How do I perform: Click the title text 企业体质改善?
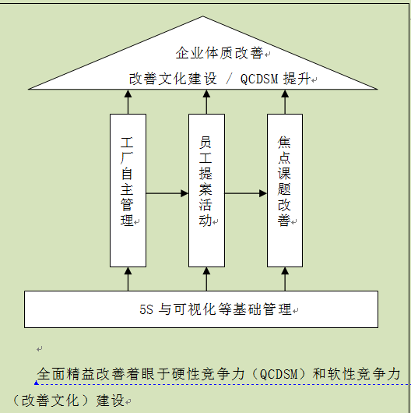coord(220,53)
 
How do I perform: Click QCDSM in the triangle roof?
coord(259,79)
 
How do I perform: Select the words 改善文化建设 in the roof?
coord(173,79)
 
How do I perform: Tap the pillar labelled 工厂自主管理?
coord(128,190)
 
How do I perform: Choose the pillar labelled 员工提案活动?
coord(206,190)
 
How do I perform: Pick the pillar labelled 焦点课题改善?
coord(285,190)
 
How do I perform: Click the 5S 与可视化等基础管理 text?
coord(216,309)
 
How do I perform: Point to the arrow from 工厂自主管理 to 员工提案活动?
coord(167,193)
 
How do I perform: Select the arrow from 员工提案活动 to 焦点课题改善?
coord(246,193)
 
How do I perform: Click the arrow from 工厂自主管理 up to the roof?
coord(128,102)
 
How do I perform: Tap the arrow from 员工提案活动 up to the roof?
coord(206,102)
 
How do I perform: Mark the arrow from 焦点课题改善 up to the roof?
coord(285,102)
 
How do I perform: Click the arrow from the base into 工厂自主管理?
coord(128,279)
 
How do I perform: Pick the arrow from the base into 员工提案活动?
coord(206,279)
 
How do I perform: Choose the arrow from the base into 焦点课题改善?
coord(285,279)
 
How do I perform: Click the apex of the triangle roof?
coord(202,16)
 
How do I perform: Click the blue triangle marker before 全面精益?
coord(37,383)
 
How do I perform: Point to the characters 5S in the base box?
coord(146,309)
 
